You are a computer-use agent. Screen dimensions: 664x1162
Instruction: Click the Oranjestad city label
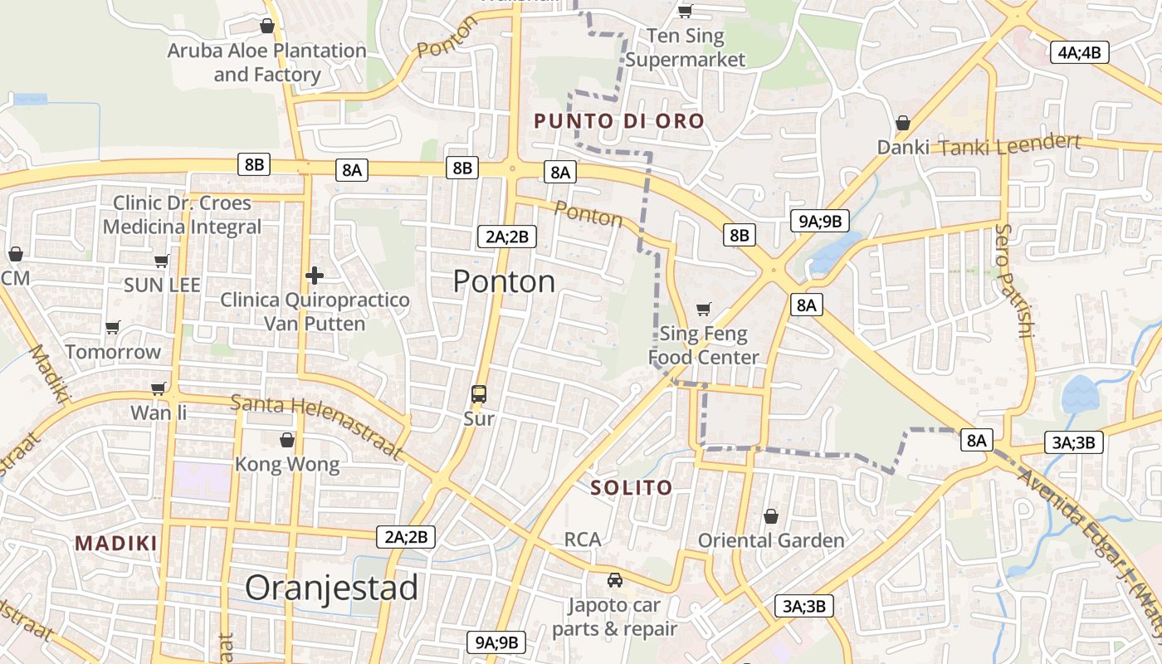[x=331, y=588]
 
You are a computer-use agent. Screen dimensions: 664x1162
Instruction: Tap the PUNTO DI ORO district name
[x=618, y=121]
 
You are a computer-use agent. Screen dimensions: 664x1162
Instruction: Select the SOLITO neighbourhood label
[x=631, y=487]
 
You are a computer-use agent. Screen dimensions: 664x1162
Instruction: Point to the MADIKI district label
[x=116, y=544]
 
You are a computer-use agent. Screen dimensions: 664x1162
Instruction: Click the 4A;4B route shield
[x=1079, y=52]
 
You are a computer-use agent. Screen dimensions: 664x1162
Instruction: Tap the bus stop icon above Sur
[x=479, y=393]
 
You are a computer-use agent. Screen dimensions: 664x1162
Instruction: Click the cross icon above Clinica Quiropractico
[x=314, y=275]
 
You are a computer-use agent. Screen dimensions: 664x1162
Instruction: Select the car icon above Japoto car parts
[x=614, y=579]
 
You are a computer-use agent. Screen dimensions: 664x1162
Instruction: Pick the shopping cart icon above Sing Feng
[x=703, y=309]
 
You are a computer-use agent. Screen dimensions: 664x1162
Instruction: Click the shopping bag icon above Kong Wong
[x=287, y=439]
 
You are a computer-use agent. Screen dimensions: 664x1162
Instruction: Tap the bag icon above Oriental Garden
[x=771, y=516]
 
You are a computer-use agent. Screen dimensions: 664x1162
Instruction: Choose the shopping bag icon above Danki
[x=903, y=123]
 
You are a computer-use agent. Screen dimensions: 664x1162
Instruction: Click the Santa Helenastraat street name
[x=316, y=427]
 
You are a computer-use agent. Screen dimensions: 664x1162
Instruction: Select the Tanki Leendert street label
[x=1008, y=144]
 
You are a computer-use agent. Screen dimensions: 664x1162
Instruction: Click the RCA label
[x=582, y=539]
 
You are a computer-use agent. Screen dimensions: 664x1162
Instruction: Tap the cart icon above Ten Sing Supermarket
[x=685, y=11]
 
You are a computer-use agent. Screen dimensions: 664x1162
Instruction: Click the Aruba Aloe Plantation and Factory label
[x=266, y=62]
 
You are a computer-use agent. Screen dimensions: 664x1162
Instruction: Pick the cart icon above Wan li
[x=159, y=388]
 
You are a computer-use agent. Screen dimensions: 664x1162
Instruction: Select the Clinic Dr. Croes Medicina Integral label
[x=182, y=214]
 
